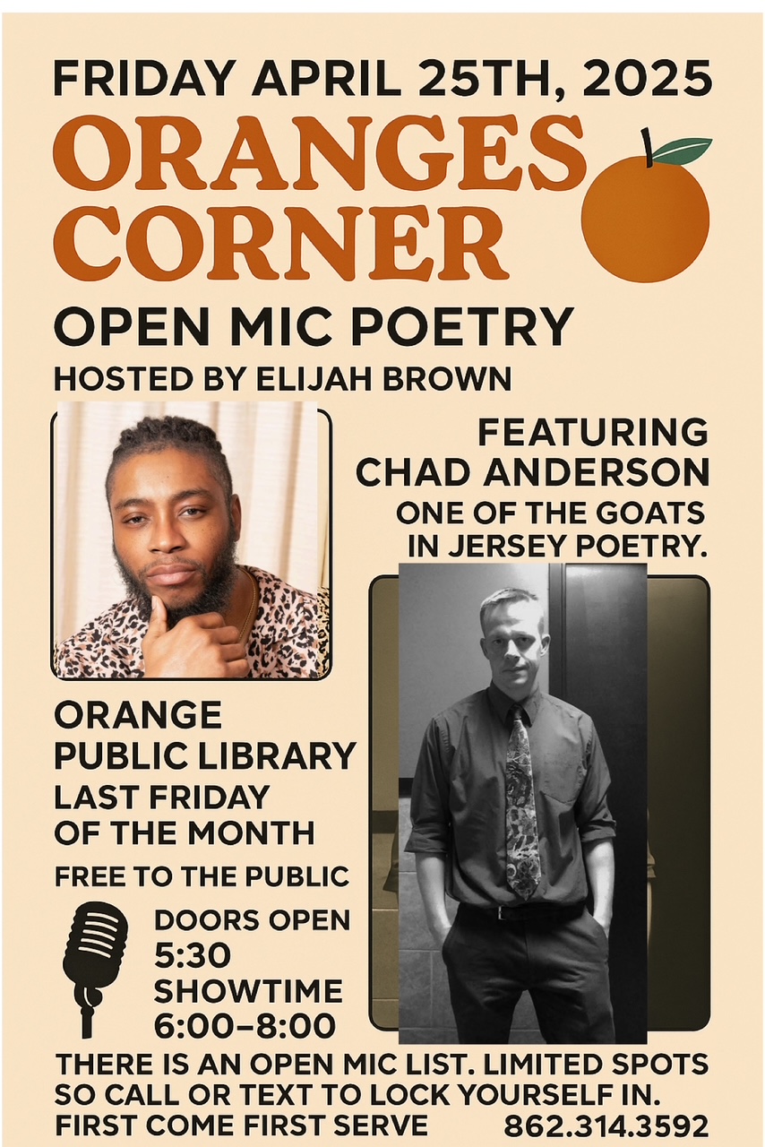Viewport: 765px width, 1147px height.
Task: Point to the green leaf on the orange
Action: tap(683, 151)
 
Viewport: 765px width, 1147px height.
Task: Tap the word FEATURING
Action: tap(592, 433)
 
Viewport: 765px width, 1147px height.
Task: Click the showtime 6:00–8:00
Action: tap(245, 1026)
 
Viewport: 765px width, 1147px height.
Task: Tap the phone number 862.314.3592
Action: tap(606, 1127)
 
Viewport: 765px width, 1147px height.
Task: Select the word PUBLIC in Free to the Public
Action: tap(297, 876)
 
